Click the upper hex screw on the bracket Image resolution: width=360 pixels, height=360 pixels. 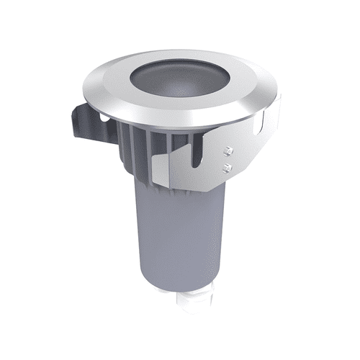(x=229, y=150)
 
